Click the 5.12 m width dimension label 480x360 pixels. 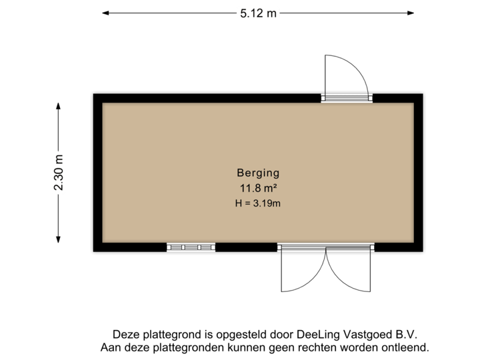point(258,13)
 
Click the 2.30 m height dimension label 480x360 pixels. point(59,173)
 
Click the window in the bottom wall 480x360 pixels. point(192,248)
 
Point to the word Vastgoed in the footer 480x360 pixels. point(368,335)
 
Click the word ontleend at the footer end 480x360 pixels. point(403,347)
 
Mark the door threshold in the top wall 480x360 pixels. point(346,97)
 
